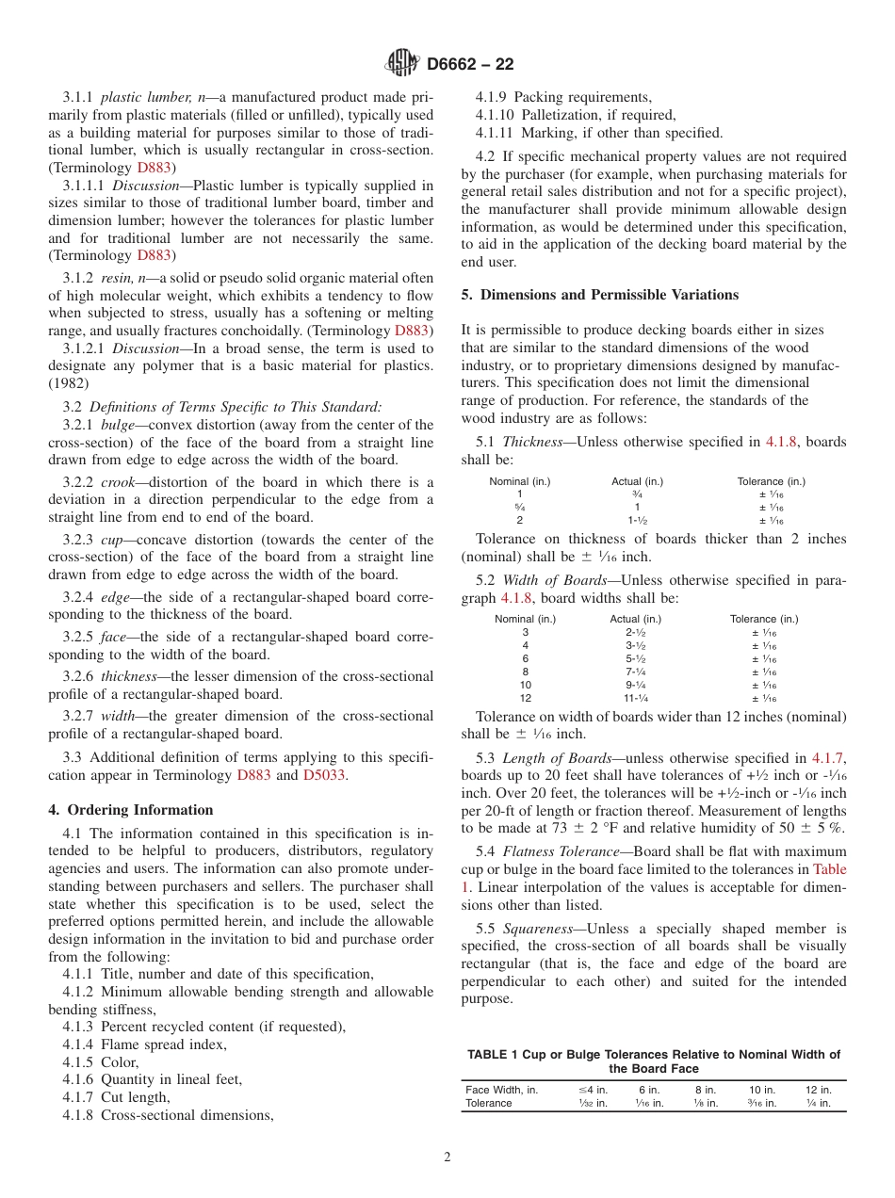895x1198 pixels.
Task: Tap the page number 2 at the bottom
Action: coord(447,1158)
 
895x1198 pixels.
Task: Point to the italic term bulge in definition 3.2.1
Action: coord(118,425)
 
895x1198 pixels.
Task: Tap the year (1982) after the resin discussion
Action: coord(69,383)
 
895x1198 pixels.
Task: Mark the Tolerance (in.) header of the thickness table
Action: coord(771,481)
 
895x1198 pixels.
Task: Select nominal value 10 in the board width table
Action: coord(525,685)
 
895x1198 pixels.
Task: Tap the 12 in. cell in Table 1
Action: coord(819,1090)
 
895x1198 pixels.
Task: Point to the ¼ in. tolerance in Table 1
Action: coord(819,1103)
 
